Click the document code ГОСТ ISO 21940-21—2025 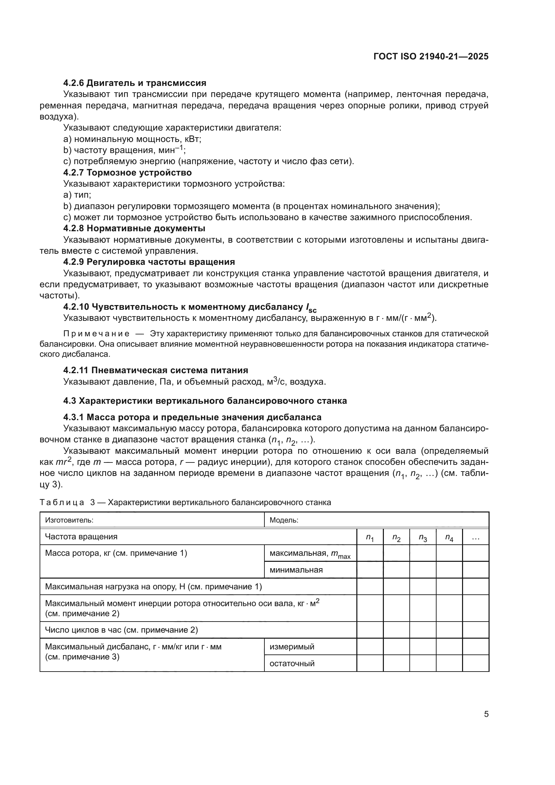pos(431,56)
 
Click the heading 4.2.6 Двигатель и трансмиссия pos(135,83)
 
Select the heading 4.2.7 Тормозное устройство pos(128,172)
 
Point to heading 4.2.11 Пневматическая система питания pos(155,370)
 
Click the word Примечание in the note pos(96,334)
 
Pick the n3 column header pos(423,537)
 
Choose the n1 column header pos(370,537)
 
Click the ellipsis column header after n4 pos(475,537)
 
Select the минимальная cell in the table pos(296,570)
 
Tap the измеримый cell pos(292,646)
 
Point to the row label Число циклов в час pos(121,630)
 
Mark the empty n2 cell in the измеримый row pos(396,646)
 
